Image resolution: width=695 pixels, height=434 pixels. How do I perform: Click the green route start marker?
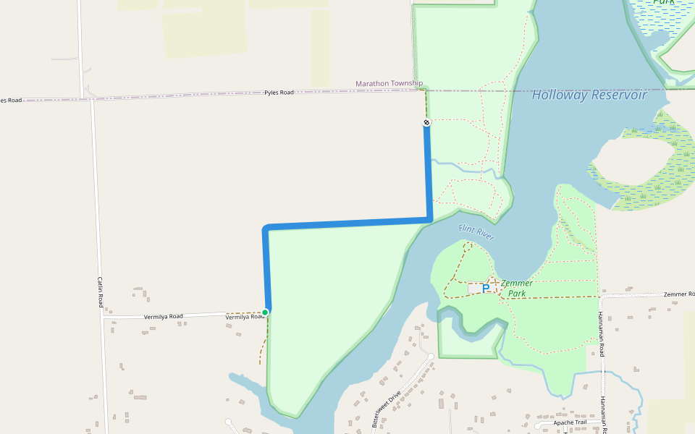pyautogui.click(x=265, y=312)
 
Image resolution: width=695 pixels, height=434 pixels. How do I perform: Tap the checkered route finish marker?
pyautogui.click(x=427, y=122)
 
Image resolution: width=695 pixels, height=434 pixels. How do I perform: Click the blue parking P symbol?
pyautogui.click(x=486, y=288)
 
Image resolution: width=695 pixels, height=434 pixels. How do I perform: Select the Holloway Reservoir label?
pyautogui.click(x=589, y=95)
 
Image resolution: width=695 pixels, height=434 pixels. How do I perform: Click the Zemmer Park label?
pyautogui.click(x=517, y=289)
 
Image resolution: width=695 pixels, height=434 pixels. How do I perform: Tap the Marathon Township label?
pyautogui.click(x=389, y=84)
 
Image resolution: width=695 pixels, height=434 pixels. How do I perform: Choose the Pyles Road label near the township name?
pyautogui.click(x=279, y=93)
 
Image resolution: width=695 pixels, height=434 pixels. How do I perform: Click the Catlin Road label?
pyautogui.click(x=99, y=291)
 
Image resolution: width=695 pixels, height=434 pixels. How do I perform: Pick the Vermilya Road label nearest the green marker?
pyautogui.click(x=243, y=317)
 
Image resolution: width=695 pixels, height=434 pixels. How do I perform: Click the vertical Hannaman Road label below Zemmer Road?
pyautogui.click(x=601, y=335)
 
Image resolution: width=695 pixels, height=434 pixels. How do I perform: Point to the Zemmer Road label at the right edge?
pyautogui.click(x=679, y=294)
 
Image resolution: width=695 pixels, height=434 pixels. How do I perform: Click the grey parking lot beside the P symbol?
pyautogui.click(x=474, y=289)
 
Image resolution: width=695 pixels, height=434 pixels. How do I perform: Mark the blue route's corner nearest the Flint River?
pyautogui.click(x=430, y=218)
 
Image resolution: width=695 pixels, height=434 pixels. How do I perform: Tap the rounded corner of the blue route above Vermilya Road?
pyautogui.click(x=266, y=229)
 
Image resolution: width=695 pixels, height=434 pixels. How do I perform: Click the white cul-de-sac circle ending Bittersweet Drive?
pyautogui.click(x=431, y=356)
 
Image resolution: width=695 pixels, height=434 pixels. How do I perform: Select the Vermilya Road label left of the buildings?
pyautogui.click(x=163, y=316)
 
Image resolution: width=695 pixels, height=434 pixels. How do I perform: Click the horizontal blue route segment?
pyautogui.click(x=347, y=224)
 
